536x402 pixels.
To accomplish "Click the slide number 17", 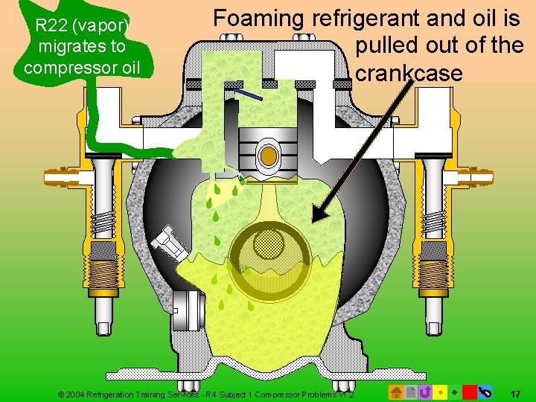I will [x=517, y=392].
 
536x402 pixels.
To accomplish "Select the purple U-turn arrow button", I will [x=426, y=392].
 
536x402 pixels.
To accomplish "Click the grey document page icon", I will [x=411, y=392].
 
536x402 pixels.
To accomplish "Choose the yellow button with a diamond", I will [x=440, y=392].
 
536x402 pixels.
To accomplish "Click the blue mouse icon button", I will [x=485, y=392].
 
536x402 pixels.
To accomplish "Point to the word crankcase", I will [x=409, y=73].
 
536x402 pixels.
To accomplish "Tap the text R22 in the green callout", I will [x=51, y=27].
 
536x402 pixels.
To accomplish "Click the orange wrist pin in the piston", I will [x=268, y=156].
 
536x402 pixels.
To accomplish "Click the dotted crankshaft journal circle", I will [x=268, y=243].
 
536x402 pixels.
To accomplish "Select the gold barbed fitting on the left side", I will [x=60, y=176].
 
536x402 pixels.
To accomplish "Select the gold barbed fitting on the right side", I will [x=476, y=176].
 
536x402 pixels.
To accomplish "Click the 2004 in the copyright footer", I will [x=77, y=393].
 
